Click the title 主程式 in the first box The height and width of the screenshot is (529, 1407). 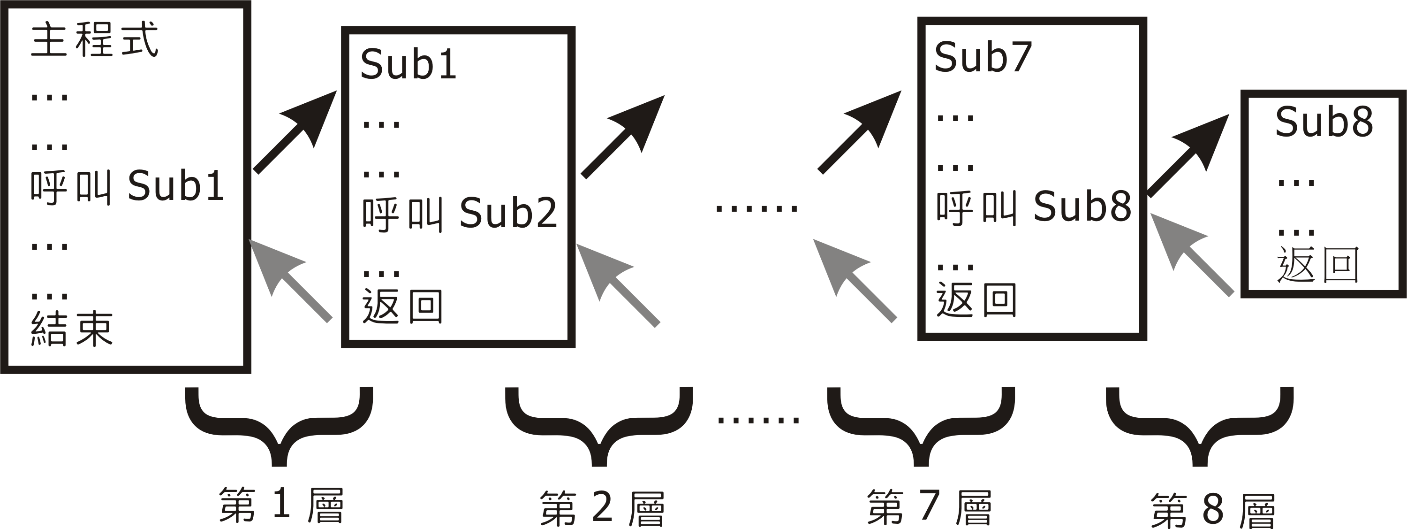coord(94,40)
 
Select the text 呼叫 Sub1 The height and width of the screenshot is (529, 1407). coord(127,186)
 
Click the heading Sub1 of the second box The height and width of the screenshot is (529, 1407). coord(408,64)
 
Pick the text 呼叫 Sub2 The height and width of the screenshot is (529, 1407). coord(459,213)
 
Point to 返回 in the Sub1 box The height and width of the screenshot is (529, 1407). coord(402,306)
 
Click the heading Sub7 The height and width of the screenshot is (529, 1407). coord(983,57)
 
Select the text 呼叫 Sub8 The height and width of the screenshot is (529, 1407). coord(1033,207)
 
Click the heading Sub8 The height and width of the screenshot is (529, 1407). coord(1324,122)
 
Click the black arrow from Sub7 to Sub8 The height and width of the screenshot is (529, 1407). coord(1188,155)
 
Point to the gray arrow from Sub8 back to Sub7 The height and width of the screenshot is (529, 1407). coord(1191,253)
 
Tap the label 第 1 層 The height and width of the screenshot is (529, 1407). coord(281,505)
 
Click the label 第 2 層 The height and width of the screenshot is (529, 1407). coord(602,508)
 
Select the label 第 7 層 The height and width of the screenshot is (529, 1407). coord(929,507)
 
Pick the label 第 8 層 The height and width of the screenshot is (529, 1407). coord(1212,510)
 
